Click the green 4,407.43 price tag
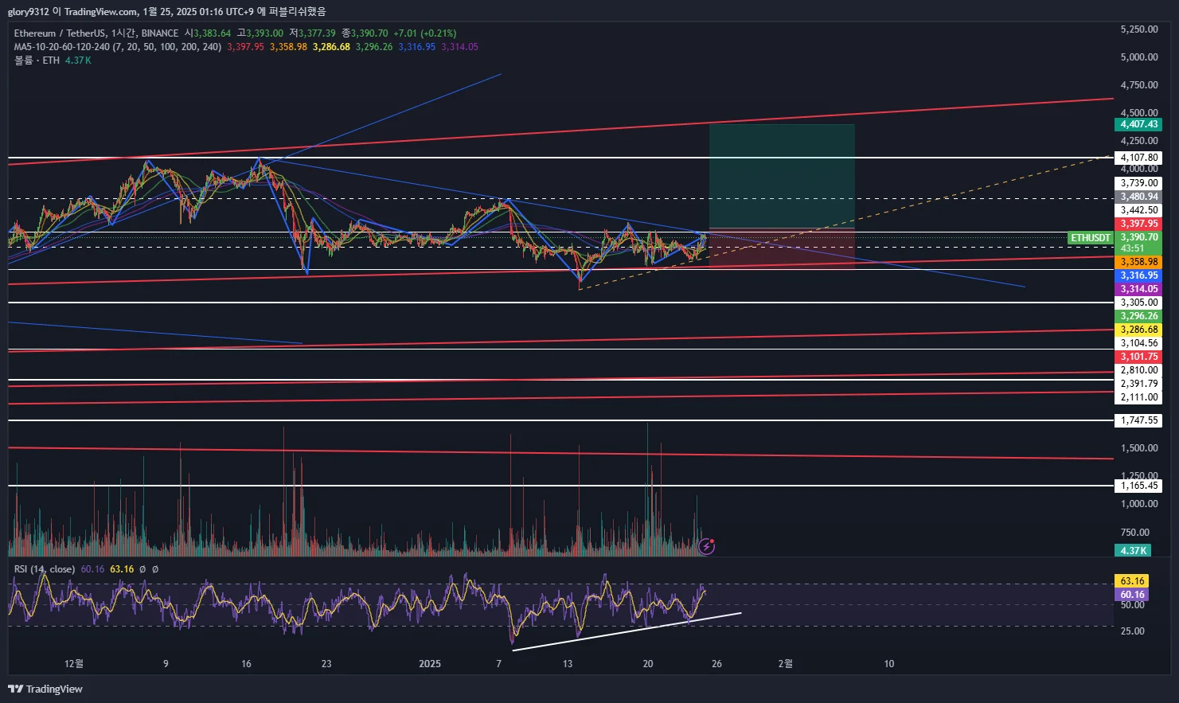pyautogui.click(x=1138, y=124)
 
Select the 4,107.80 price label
pyautogui.click(x=1138, y=158)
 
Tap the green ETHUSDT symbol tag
pyautogui.click(x=1090, y=238)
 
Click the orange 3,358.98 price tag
pyautogui.click(x=1138, y=262)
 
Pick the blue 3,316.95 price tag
pyautogui.click(x=1138, y=275)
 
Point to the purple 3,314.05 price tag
pyautogui.click(x=1138, y=289)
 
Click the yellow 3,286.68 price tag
pyautogui.click(x=1138, y=330)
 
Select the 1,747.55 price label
pyautogui.click(x=1138, y=420)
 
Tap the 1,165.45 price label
pyautogui.click(x=1138, y=486)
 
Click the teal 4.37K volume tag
pyautogui.click(x=1133, y=550)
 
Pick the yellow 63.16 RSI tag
pyautogui.click(x=1132, y=581)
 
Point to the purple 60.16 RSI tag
pyautogui.click(x=1132, y=595)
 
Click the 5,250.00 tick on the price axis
pyautogui.click(x=1138, y=29)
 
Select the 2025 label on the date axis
pyautogui.click(x=430, y=663)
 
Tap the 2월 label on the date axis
pyautogui.click(x=785, y=663)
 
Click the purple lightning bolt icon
pyautogui.click(x=706, y=546)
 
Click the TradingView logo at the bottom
pyautogui.click(x=45, y=689)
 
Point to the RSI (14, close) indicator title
pyautogui.click(x=45, y=569)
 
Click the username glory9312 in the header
pyautogui.click(x=28, y=11)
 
